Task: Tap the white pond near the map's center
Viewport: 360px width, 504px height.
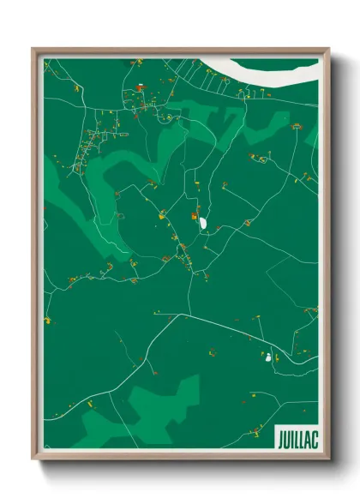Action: pos(205,225)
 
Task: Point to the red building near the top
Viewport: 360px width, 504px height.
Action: pos(140,87)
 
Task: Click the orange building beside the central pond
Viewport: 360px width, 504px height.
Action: pos(196,215)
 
